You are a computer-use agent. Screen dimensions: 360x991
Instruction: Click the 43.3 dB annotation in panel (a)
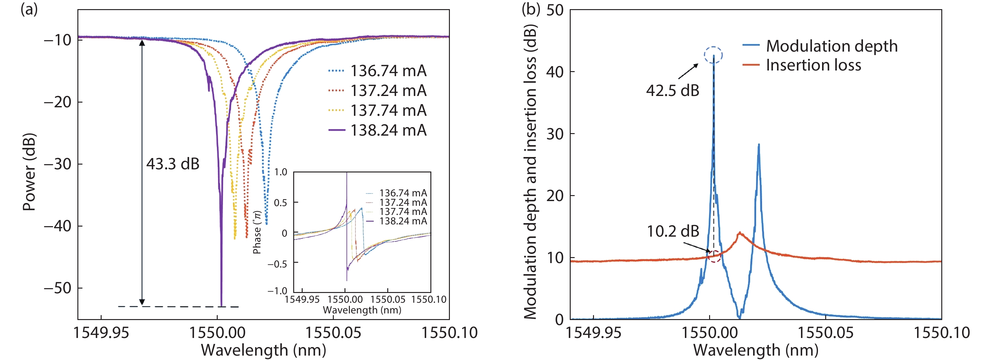coord(173,164)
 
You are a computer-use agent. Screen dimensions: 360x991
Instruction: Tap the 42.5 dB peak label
coord(673,91)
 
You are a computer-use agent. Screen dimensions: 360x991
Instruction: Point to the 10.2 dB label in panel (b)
coord(673,231)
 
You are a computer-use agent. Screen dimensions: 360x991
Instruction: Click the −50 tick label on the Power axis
coord(58,288)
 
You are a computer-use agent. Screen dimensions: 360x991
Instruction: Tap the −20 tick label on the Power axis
coord(58,102)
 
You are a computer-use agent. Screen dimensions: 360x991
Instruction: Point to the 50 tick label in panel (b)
coord(555,10)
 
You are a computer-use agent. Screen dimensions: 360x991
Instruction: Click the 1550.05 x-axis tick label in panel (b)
coord(826,333)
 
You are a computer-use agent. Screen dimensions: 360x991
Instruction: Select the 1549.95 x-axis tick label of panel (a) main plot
coord(101,333)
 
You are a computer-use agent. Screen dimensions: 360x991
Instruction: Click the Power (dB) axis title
coord(29,172)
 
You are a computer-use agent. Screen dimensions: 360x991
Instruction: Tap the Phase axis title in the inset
coord(257,232)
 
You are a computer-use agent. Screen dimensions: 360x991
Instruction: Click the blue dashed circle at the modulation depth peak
coord(713,55)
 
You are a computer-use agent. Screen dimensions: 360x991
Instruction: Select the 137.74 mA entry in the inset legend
coord(403,211)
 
